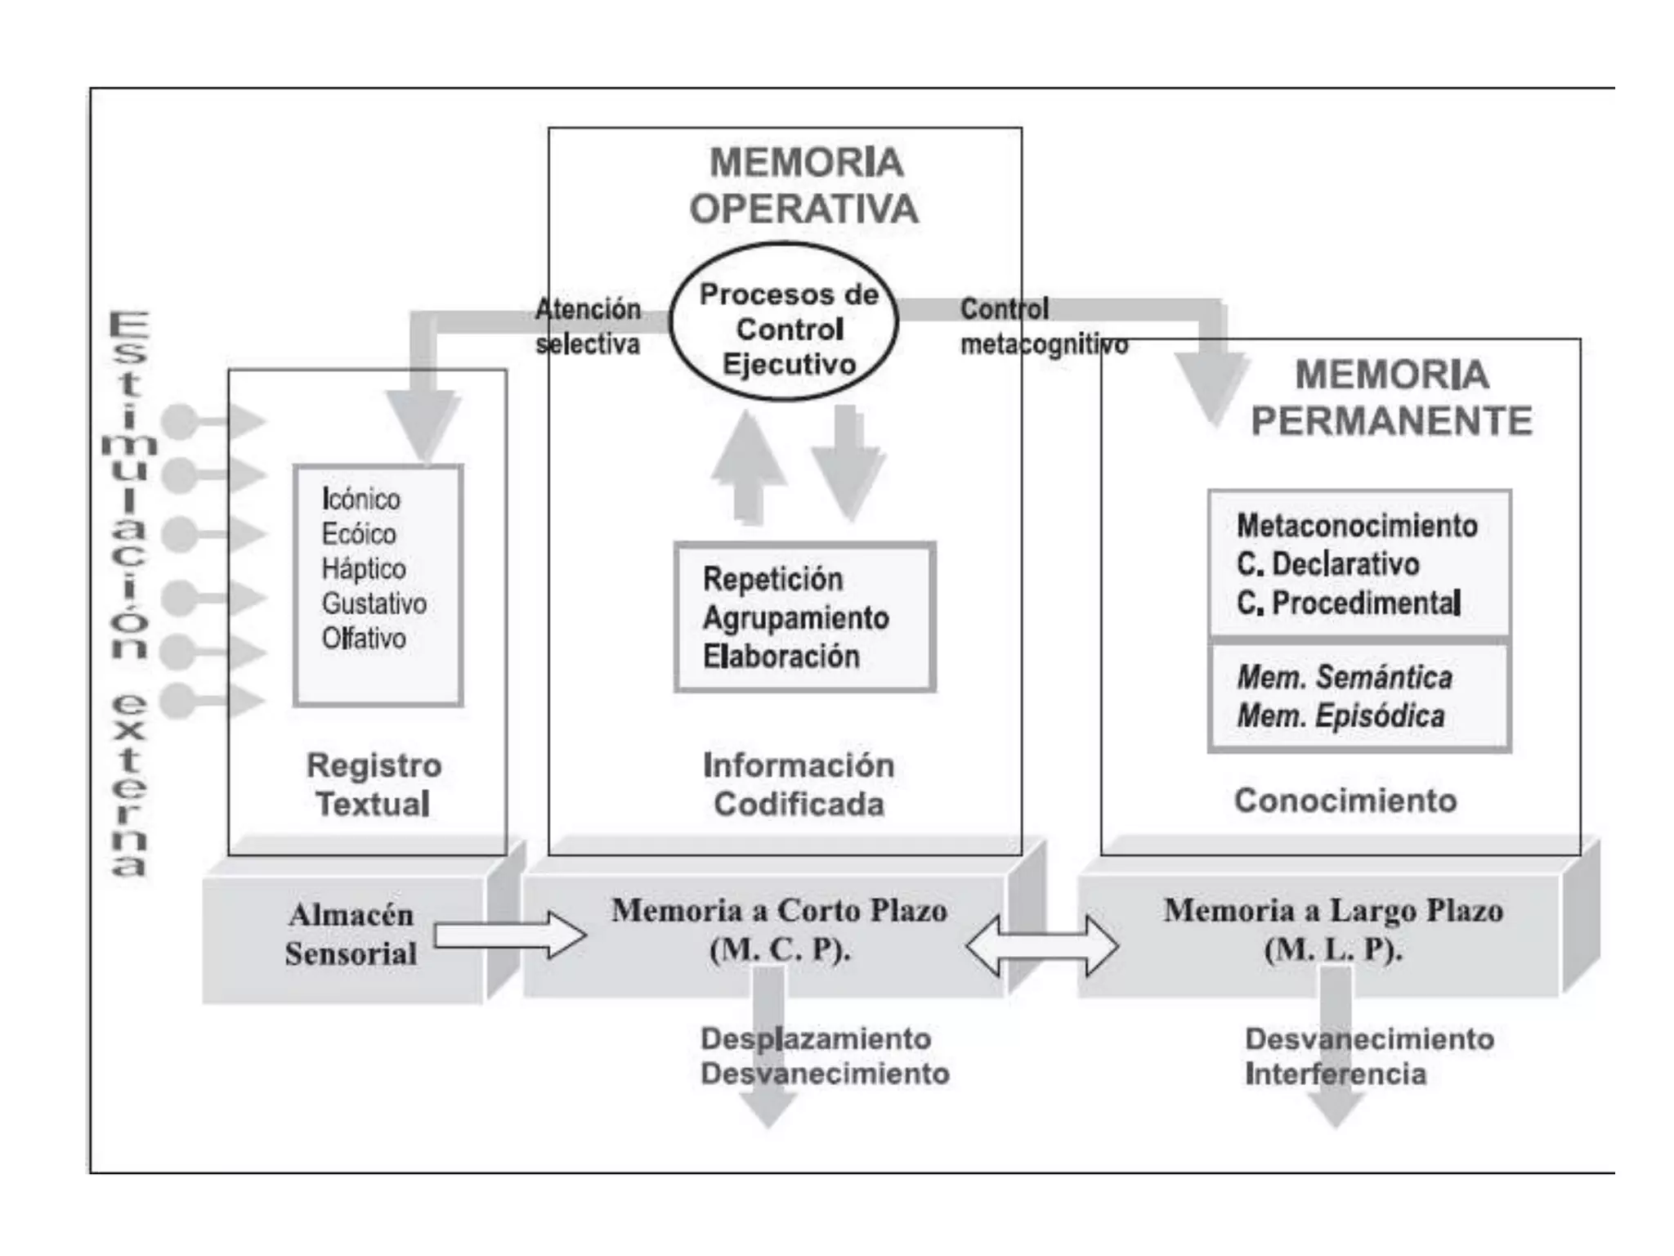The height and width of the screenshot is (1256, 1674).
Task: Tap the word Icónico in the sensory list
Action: [x=360, y=499]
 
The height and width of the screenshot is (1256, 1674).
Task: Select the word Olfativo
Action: [x=363, y=638]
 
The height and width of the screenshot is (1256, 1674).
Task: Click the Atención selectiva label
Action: [x=587, y=326]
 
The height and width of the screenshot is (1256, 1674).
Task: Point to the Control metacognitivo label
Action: [x=1042, y=327]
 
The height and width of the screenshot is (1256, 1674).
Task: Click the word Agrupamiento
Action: [x=795, y=618]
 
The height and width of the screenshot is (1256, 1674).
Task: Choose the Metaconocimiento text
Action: [x=1357, y=526]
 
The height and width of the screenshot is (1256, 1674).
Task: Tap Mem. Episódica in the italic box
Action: [x=1341, y=716]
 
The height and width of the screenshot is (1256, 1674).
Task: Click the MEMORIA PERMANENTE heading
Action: [x=1391, y=398]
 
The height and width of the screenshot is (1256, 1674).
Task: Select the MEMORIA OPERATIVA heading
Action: [x=804, y=186]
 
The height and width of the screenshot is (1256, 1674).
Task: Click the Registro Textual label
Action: [x=374, y=784]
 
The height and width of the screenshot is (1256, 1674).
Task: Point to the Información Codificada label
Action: [x=799, y=784]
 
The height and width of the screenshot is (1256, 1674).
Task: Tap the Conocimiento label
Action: [x=1345, y=801]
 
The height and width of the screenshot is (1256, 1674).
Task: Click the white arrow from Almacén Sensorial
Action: [x=508, y=935]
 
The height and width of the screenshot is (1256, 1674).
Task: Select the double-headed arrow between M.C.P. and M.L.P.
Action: [x=1041, y=946]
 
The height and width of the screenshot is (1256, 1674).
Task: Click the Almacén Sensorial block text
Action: [x=351, y=934]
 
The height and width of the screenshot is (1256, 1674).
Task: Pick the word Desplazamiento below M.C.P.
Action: [x=815, y=1038]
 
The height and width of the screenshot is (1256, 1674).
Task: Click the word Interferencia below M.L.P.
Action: [x=1335, y=1074]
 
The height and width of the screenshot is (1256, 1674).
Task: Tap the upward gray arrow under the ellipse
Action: [x=747, y=466]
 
